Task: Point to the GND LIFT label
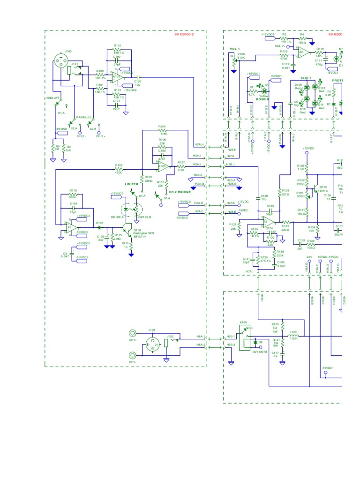click(x=52, y=97)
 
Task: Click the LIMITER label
click(x=132, y=184)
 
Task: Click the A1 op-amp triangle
click(x=70, y=227)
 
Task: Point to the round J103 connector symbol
click(x=152, y=345)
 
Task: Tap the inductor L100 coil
click(x=293, y=336)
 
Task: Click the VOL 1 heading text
click(x=235, y=48)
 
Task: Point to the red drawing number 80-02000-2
click(x=184, y=35)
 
